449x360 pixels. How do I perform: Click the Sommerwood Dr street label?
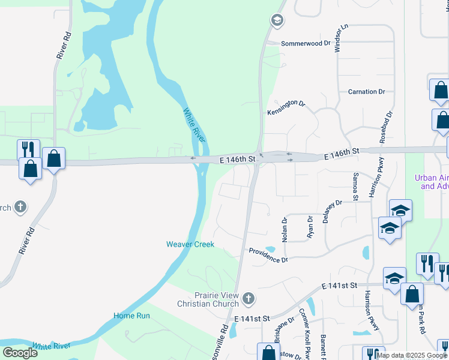(306, 44)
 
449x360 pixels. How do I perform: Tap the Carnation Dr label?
(366, 92)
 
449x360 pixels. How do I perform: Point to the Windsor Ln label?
(341, 38)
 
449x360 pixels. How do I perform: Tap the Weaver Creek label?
(190, 244)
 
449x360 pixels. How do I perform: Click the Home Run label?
(131, 316)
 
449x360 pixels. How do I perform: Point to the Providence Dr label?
(269, 255)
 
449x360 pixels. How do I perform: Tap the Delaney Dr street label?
(332, 211)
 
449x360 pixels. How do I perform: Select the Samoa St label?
(355, 186)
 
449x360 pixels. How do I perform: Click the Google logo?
(20, 353)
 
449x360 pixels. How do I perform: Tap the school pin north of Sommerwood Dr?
(277, 22)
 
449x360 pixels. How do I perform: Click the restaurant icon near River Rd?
(28, 149)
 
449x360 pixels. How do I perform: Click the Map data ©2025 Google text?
(412, 355)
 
